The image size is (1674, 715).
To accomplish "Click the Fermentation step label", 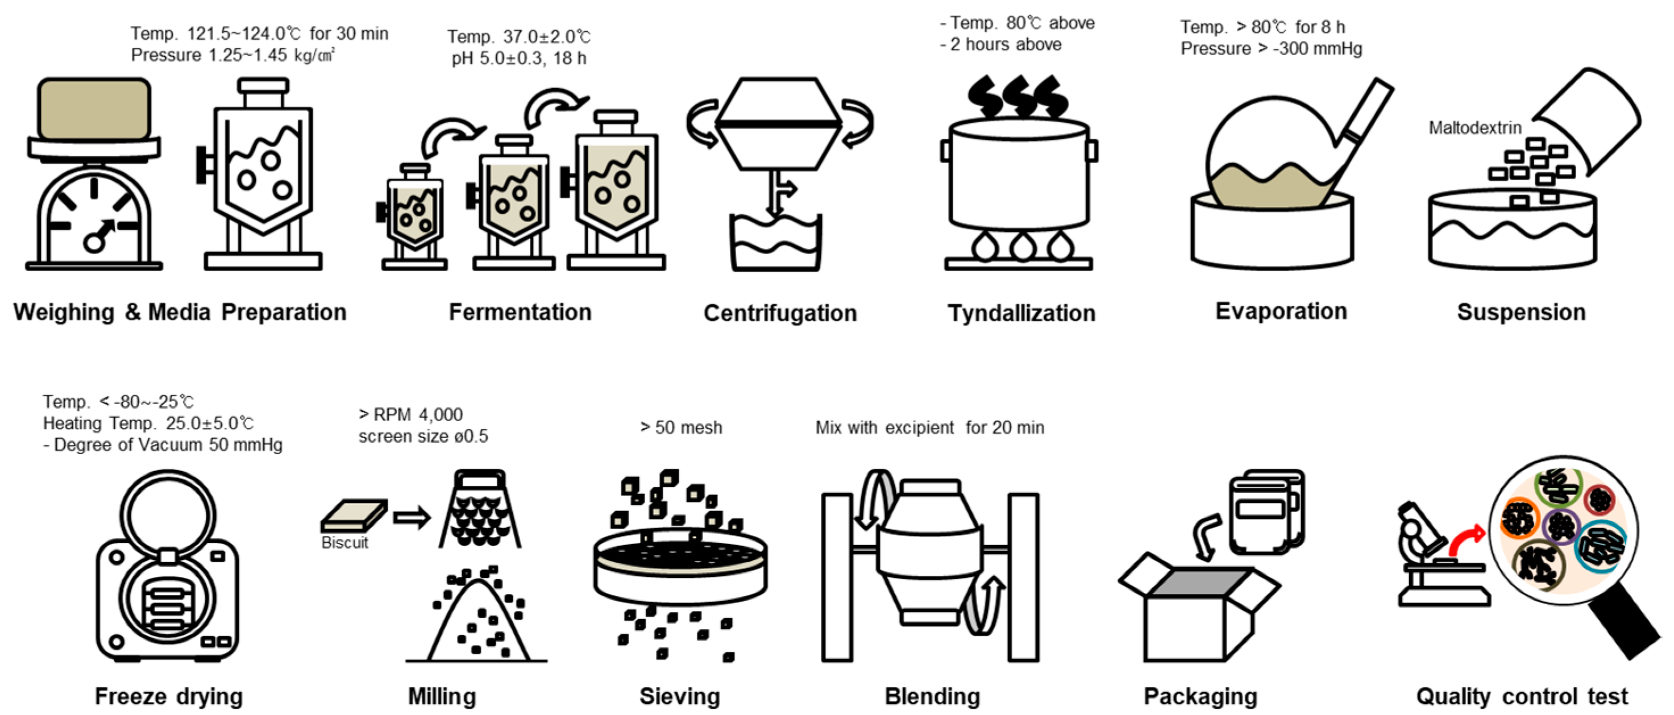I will (x=520, y=312).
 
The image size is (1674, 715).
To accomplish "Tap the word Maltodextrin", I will (x=1474, y=128).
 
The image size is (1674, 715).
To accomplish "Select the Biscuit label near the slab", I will (x=344, y=543).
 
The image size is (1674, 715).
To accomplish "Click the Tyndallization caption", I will (x=1021, y=313).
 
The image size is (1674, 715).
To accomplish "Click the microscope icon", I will (x=1430, y=559).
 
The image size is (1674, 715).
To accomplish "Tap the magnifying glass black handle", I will (x=1625, y=624).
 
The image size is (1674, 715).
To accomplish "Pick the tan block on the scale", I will (x=94, y=109).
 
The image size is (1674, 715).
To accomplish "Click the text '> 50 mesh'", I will (x=681, y=428).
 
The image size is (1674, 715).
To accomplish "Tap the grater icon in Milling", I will (x=480, y=510).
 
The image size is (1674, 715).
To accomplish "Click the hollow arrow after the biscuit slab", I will (x=412, y=518).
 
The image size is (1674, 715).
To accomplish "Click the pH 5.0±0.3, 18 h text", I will (x=518, y=59).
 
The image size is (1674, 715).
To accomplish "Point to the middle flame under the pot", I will (x=1022, y=247).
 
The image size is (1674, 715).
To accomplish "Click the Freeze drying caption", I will (x=169, y=696).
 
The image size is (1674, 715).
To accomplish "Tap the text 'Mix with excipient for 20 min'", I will (x=929, y=428).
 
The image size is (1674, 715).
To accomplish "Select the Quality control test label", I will (x=1522, y=696).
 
